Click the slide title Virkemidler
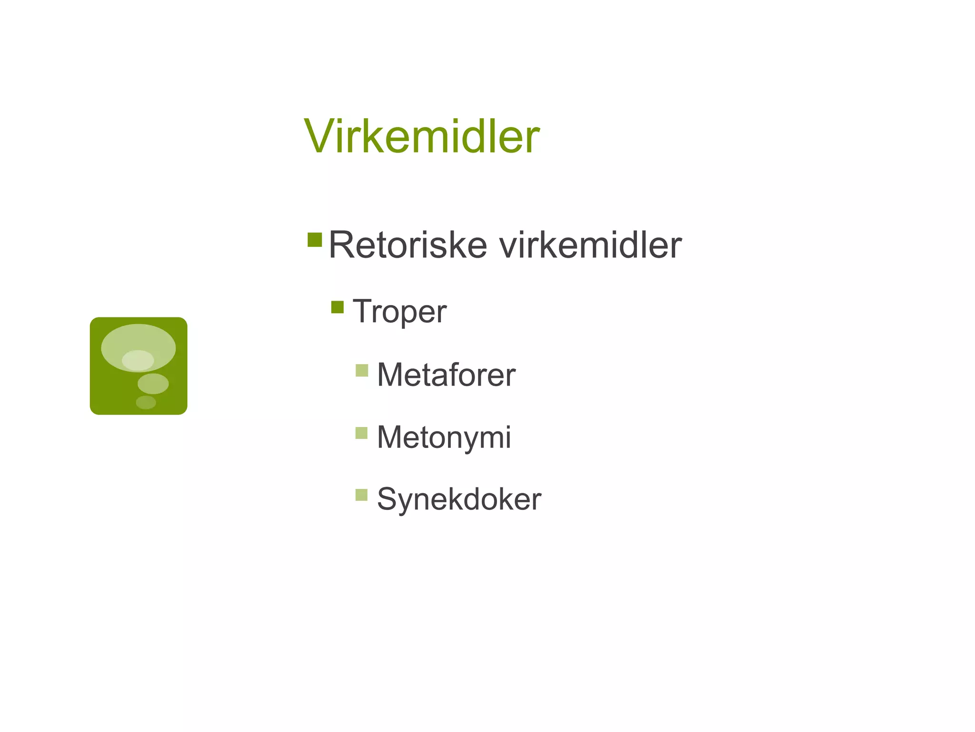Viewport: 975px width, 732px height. [422, 137]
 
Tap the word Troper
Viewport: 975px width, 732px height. [399, 312]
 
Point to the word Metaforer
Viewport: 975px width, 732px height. [446, 375]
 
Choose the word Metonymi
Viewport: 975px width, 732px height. [444, 437]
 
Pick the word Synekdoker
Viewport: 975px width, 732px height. [459, 499]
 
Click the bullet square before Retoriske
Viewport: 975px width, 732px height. [315, 240]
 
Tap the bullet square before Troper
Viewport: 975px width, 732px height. [338, 307]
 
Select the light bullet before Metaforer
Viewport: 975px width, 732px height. [362, 370]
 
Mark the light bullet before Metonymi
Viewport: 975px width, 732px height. [362, 433]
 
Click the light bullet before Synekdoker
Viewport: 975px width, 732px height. [362, 495]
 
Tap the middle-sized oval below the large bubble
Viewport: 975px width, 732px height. [153, 384]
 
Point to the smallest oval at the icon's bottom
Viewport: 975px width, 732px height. [146, 402]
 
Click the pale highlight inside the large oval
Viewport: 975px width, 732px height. [138, 360]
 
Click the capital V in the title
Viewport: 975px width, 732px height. [319, 137]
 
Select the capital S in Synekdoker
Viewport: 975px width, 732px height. [388, 499]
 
